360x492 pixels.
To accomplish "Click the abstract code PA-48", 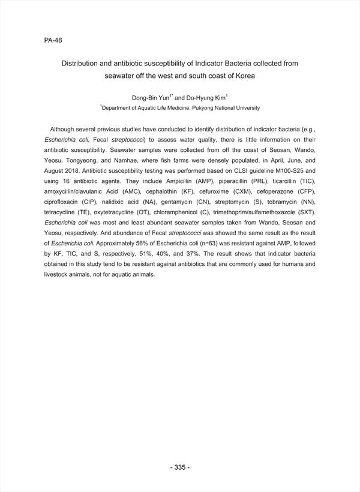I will tap(53, 41).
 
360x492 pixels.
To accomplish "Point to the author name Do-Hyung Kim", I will tap(203, 97).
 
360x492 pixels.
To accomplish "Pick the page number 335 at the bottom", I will tap(180, 467).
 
